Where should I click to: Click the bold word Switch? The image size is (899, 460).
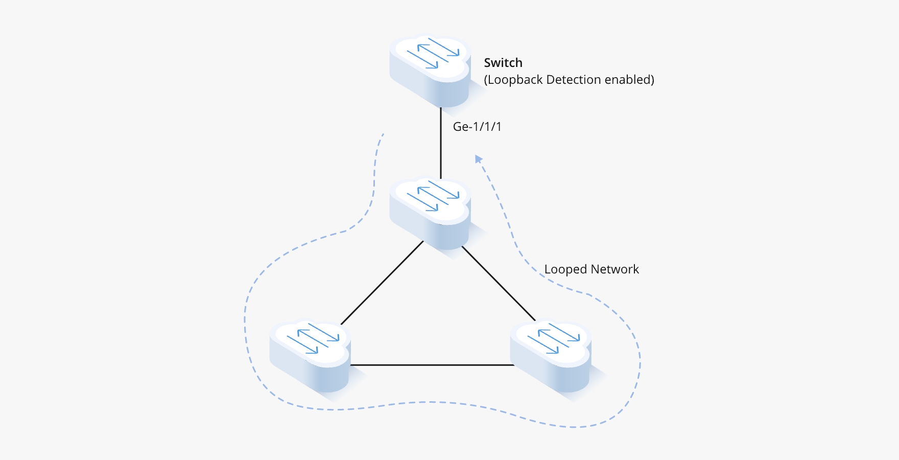coord(503,63)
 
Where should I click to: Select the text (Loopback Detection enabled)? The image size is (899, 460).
coord(569,80)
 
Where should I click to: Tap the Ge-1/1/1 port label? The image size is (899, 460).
coord(477,127)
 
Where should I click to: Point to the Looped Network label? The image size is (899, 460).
coord(592,269)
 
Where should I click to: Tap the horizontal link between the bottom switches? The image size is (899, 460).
coord(432,365)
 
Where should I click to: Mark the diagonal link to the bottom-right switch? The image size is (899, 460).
coord(499,284)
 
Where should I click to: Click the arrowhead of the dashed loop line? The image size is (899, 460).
coord(478,159)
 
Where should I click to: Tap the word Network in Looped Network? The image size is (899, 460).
coord(614,269)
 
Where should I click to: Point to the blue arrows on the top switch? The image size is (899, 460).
coord(433,53)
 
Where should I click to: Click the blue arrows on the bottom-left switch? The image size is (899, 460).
coord(313,338)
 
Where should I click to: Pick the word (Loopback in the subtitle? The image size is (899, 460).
coord(513,80)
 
